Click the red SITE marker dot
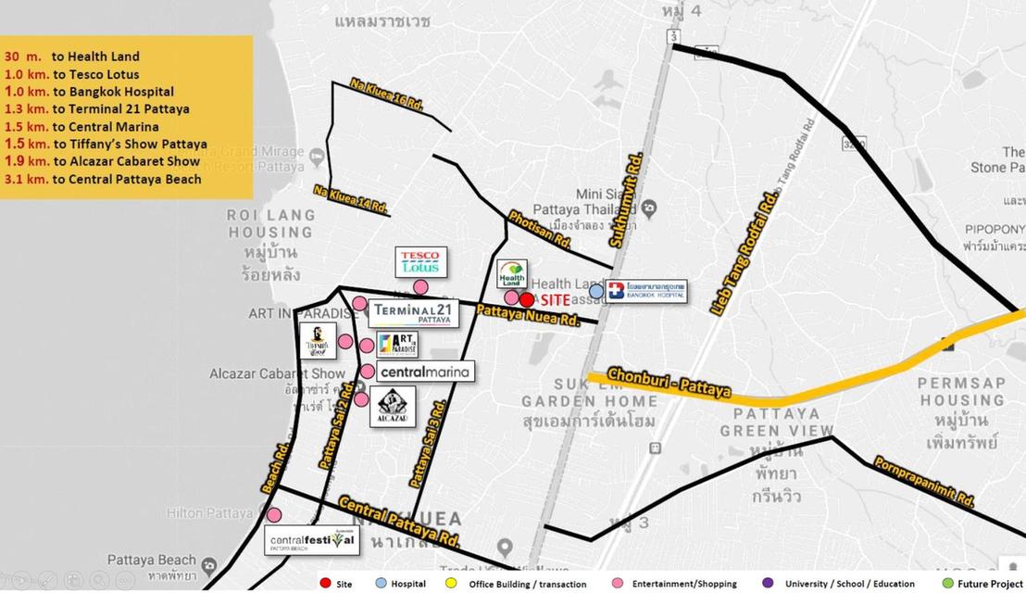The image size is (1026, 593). tap(526, 299)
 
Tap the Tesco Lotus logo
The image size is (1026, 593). tap(420, 262)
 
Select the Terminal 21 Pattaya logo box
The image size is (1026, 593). tap(413, 313)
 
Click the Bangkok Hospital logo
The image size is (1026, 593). tap(646, 291)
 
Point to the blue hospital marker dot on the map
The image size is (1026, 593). tap(596, 291)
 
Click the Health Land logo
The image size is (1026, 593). tap(511, 274)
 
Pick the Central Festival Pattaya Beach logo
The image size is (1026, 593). tap(312, 540)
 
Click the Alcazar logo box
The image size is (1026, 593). tap(392, 407)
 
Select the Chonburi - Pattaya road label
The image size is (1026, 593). tap(669, 384)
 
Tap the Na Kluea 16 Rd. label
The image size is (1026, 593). tap(386, 95)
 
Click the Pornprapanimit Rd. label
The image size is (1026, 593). tap(923, 482)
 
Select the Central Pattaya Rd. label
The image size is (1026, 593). tap(399, 522)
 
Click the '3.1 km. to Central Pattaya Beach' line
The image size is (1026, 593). tap(103, 179)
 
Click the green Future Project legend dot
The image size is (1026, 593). tap(945, 584)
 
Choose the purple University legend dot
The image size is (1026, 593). tap(767, 584)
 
